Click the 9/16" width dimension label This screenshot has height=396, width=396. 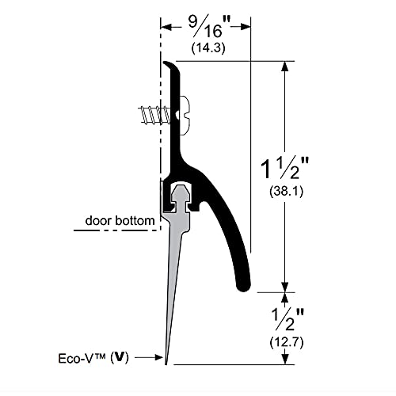point(209,26)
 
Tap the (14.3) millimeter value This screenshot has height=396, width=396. point(208,48)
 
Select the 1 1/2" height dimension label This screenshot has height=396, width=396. point(284,169)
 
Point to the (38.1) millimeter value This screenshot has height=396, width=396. point(286,191)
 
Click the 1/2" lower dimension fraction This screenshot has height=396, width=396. point(287,319)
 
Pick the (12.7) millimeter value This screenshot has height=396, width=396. point(287,342)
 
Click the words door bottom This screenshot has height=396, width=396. point(120,220)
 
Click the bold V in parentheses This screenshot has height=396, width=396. point(120,358)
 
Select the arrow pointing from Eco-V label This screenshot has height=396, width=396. point(149,358)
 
